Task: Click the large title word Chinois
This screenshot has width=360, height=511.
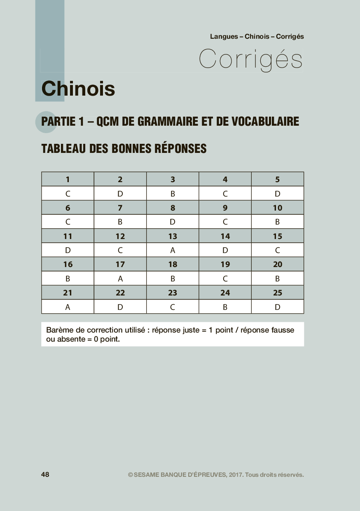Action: pyautogui.click(x=78, y=89)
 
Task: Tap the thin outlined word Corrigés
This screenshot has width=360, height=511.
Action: pyautogui.click(x=251, y=59)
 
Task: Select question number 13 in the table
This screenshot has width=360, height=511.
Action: pyautogui.click(x=173, y=236)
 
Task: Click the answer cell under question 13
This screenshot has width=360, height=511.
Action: pyautogui.click(x=173, y=250)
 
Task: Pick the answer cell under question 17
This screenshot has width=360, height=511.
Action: pyautogui.click(x=120, y=279)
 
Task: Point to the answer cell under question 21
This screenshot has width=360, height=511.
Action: pyautogui.click(x=68, y=307)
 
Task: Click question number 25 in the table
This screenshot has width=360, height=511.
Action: pyautogui.click(x=278, y=293)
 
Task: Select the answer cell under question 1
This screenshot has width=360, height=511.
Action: pyautogui.click(x=68, y=194)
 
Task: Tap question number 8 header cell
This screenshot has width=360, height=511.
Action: pyautogui.click(x=173, y=208)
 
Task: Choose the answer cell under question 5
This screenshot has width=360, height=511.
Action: pyautogui.click(x=278, y=194)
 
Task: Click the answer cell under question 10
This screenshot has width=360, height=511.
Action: pyautogui.click(x=278, y=222)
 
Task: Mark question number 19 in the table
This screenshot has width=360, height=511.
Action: pyautogui.click(x=225, y=265)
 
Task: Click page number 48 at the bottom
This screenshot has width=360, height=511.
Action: pyautogui.click(x=45, y=474)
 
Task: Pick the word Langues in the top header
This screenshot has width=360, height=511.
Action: pyautogui.click(x=224, y=36)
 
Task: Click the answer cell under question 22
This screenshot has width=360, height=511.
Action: pyautogui.click(x=120, y=307)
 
